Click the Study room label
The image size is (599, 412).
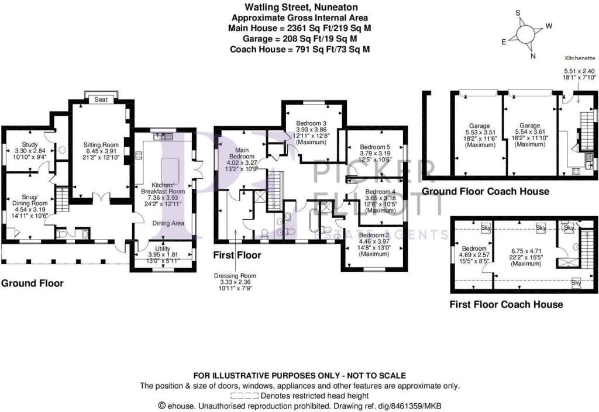point(29,144)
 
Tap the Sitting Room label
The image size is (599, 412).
point(101,144)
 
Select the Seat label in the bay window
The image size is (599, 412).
point(101,99)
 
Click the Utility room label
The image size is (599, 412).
point(163,248)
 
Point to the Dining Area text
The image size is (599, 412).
point(168,223)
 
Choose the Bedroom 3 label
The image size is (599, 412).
point(311,123)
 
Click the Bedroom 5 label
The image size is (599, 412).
point(375,147)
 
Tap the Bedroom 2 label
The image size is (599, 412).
point(374,236)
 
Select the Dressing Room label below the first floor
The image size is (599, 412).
point(235,276)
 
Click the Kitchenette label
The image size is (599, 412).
point(580,58)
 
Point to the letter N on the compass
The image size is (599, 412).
point(533,56)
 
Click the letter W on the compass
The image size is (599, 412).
point(549,26)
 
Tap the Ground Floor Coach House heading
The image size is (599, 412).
point(485,191)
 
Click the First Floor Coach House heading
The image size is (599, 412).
point(506,304)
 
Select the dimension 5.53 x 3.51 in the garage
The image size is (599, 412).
point(480,133)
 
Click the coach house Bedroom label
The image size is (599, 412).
point(474,248)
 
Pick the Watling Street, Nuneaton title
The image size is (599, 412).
point(301,7)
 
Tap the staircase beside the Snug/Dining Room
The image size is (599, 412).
point(62,200)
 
